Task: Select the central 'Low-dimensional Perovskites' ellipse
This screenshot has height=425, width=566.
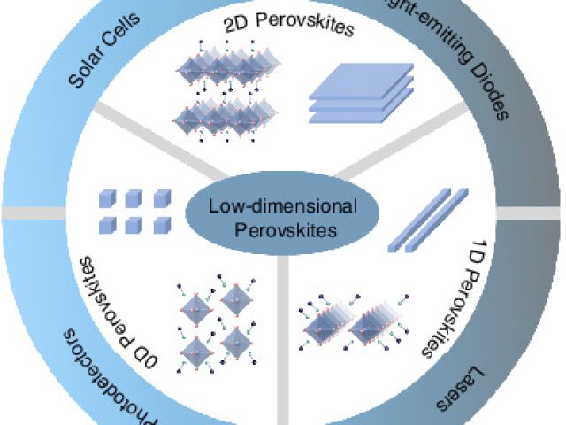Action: (x=282, y=217)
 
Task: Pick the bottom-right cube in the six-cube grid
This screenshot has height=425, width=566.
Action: (x=161, y=223)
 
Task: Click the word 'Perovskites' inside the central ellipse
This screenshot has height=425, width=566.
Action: (x=282, y=228)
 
